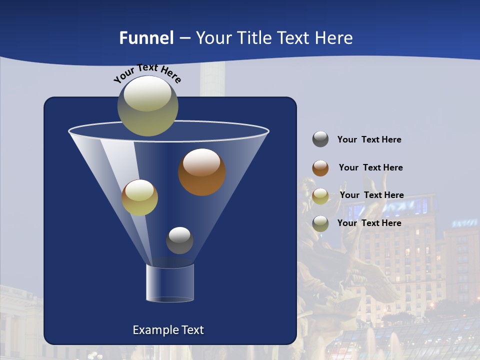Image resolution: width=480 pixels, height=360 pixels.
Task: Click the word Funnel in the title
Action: pos(146,38)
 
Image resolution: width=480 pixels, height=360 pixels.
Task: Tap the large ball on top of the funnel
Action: pos(147,105)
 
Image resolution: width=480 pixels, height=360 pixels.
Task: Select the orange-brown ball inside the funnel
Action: pos(201,172)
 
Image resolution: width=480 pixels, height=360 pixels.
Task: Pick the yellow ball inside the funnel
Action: pos(139,197)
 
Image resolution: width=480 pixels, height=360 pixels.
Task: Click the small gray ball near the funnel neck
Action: pos(179,240)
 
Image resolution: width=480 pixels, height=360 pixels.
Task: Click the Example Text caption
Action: pos(168,330)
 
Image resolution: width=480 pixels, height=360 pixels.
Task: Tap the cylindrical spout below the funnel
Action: pos(170,283)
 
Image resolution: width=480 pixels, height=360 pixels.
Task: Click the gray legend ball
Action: pos(320,139)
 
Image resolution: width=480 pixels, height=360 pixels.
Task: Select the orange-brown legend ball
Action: pos(320,168)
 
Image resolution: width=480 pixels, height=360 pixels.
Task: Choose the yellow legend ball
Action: pos(320,196)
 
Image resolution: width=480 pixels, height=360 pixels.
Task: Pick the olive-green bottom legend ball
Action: pos(320,223)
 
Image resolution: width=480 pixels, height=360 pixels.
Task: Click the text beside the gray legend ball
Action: pos(369,140)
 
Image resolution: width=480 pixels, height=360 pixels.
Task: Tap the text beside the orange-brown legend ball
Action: pos(370,168)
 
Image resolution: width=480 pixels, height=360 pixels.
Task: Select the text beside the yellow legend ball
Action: pos(371,195)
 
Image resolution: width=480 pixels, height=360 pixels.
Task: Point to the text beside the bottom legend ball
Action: pos(369,223)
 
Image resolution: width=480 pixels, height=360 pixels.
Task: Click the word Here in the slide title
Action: pos(334,38)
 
